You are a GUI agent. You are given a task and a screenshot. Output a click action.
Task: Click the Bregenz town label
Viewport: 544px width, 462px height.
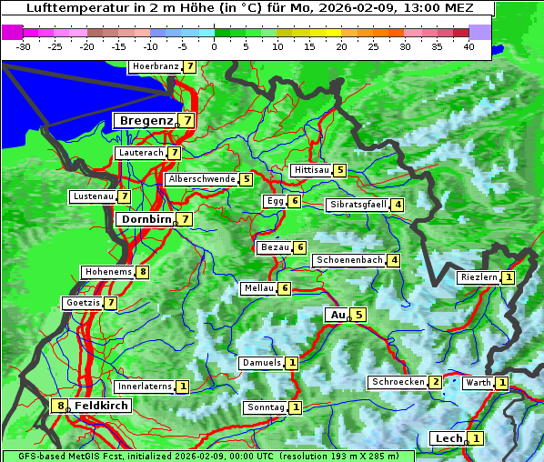[x=146, y=120]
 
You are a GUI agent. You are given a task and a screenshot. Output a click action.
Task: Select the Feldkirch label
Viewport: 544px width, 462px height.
[x=101, y=406]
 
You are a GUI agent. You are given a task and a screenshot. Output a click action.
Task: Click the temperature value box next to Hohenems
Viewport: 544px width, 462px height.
[x=143, y=272]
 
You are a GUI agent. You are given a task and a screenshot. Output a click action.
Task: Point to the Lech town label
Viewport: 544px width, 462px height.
[x=449, y=438]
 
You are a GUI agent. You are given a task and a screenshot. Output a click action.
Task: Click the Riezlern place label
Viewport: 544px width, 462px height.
[x=479, y=277]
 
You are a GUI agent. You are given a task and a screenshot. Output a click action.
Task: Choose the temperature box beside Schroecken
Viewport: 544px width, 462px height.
[x=436, y=382]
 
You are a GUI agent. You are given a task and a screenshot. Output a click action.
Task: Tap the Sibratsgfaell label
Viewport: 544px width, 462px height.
[x=358, y=205]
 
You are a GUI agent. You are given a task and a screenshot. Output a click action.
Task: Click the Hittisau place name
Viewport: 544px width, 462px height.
[x=310, y=170]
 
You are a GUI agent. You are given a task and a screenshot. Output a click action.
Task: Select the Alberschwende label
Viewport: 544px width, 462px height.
[x=201, y=179]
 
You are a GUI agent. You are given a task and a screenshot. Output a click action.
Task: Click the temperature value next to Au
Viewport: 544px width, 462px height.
[x=359, y=315]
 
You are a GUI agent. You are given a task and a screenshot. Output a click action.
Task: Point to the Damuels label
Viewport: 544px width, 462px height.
[x=260, y=363]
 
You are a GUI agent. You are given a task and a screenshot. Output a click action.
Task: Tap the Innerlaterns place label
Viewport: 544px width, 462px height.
[x=145, y=387]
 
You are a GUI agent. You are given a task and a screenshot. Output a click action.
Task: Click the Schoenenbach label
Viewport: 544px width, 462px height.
[x=348, y=260]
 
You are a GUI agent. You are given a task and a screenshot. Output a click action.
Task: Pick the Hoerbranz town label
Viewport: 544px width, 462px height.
[x=155, y=66]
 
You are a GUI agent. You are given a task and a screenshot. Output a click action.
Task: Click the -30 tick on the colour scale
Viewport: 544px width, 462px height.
[x=24, y=46]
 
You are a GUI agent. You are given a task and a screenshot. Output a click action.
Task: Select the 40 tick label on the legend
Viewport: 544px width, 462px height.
[x=468, y=46]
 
